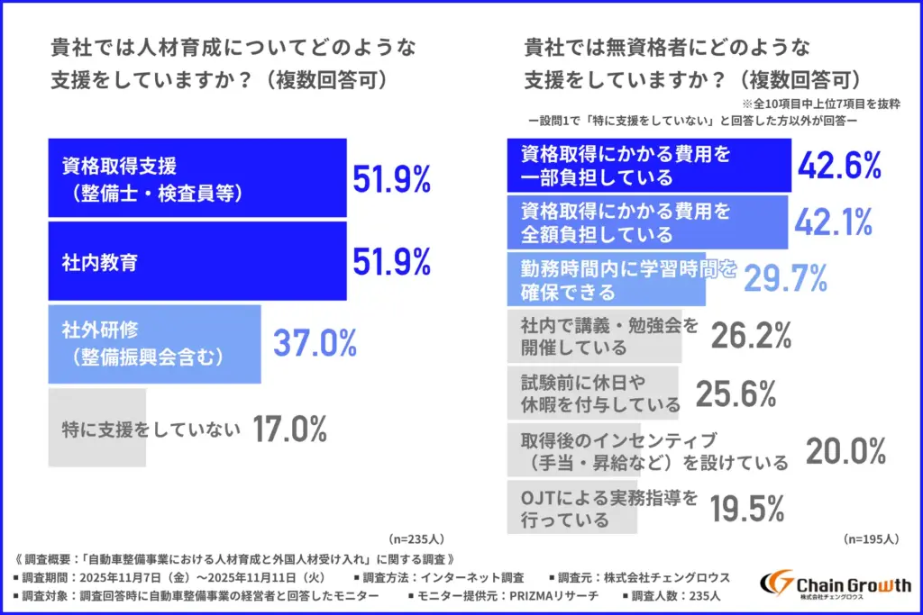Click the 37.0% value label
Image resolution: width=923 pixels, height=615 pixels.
pyautogui.click(x=315, y=343)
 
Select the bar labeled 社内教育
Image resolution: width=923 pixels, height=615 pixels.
pyautogui.click(x=196, y=261)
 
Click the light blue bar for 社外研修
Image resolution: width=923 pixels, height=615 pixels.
pyautogui.click(x=154, y=343)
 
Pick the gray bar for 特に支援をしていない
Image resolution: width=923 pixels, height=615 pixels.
pyautogui.click(x=97, y=429)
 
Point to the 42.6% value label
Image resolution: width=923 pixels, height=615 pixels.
pyautogui.click(x=839, y=165)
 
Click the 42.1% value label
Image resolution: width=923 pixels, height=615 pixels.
pyautogui.click(x=834, y=222)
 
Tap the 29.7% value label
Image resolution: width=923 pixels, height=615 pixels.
pyautogui.click(x=785, y=279)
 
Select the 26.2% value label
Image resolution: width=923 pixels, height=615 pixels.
pyautogui.click(x=751, y=336)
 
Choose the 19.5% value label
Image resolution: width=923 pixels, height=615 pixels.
pyautogui.click(x=746, y=509)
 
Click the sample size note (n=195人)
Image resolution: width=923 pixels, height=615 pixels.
pyautogui.click(x=871, y=539)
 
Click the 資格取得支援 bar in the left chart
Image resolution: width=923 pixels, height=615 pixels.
pyautogui.click(x=196, y=177)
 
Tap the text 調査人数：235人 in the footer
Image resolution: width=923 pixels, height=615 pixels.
pyautogui.click(x=675, y=596)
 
